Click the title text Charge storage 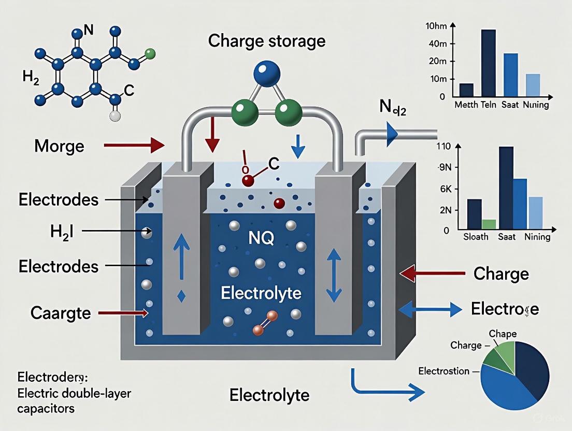[267, 40]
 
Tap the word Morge [59, 146]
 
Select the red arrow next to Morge [134, 146]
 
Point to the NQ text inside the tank [259, 239]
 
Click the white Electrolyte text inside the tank [261, 293]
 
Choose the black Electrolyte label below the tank [269, 396]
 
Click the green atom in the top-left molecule [150, 53]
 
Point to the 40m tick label [435, 44]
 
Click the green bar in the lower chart [489, 224]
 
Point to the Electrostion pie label [444, 371]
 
